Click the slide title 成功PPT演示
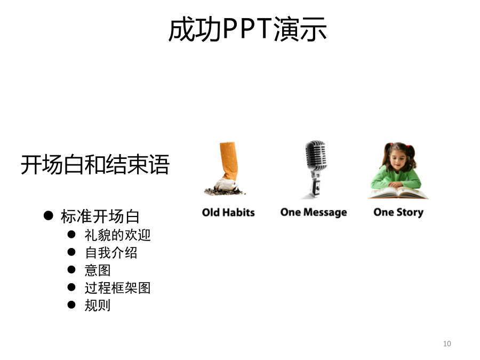tap(247, 29)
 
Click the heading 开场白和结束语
tap(95, 165)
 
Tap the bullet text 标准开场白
tap(100, 217)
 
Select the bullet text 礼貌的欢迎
tap(117, 235)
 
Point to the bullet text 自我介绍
tap(111, 253)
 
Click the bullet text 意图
tap(98, 270)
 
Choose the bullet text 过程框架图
tap(117, 288)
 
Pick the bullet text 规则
tap(98, 306)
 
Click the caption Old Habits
tap(228, 212)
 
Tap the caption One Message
tap(314, 212)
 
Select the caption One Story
tap(398, 212)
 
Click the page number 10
tap(447, 343)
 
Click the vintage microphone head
tap(316, 156)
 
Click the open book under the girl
tap(398, 193)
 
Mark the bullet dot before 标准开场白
tap(49, 215)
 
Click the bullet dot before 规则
tap(71, 305)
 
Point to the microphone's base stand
tap(315, 187)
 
